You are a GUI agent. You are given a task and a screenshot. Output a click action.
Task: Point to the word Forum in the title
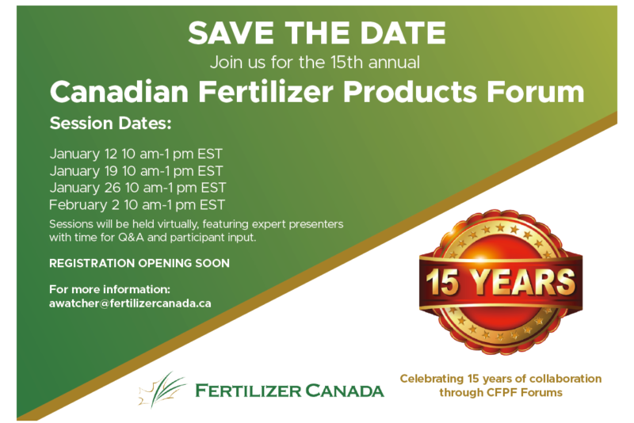[x=536, y=92]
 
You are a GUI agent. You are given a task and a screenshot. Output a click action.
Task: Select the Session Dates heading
[x=110, y=124]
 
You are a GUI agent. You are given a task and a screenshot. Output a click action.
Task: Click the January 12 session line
[x=136, y=154]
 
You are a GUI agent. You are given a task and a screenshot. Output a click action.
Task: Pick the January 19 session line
[x=136, y=171]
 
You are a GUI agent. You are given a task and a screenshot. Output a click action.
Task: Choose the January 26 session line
[x=137, y=189]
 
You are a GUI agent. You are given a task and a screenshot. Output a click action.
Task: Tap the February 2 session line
[x=136, y=205]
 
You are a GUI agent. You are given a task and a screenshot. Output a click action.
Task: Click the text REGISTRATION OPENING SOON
[x=139, y=264]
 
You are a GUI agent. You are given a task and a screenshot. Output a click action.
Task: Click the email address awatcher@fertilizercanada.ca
[x=130, y=303]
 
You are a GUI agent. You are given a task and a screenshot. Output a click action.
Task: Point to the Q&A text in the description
[x=131, y=237]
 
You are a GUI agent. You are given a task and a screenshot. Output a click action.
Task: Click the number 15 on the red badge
[x=443, y=282]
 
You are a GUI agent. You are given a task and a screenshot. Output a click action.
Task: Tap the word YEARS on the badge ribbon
[x=524, y=281]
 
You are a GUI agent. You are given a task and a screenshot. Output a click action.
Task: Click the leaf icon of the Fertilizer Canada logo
[x=162, y=390]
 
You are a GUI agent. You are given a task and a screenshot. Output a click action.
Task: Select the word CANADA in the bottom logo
[x=345, y=391]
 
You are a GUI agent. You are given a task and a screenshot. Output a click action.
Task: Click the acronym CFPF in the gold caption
[x=502, y=393]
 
